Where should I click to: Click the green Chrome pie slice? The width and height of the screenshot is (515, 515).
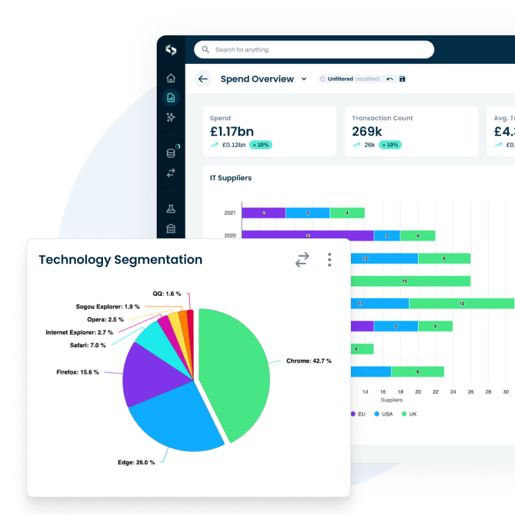235,368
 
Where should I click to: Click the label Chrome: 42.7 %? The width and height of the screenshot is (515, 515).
308,361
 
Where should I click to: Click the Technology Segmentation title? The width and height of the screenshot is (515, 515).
120,260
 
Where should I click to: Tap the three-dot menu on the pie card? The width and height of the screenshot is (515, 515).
330,260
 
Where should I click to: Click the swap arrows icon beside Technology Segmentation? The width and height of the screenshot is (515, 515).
302,260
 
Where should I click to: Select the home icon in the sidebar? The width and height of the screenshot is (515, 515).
171,78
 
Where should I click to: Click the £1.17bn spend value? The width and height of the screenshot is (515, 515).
232,132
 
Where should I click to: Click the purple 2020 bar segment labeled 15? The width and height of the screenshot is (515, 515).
308,235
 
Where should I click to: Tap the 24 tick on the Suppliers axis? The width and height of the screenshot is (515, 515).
453,392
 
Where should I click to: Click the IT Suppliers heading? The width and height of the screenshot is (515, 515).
230,178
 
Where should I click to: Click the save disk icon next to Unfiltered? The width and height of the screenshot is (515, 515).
402,79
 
